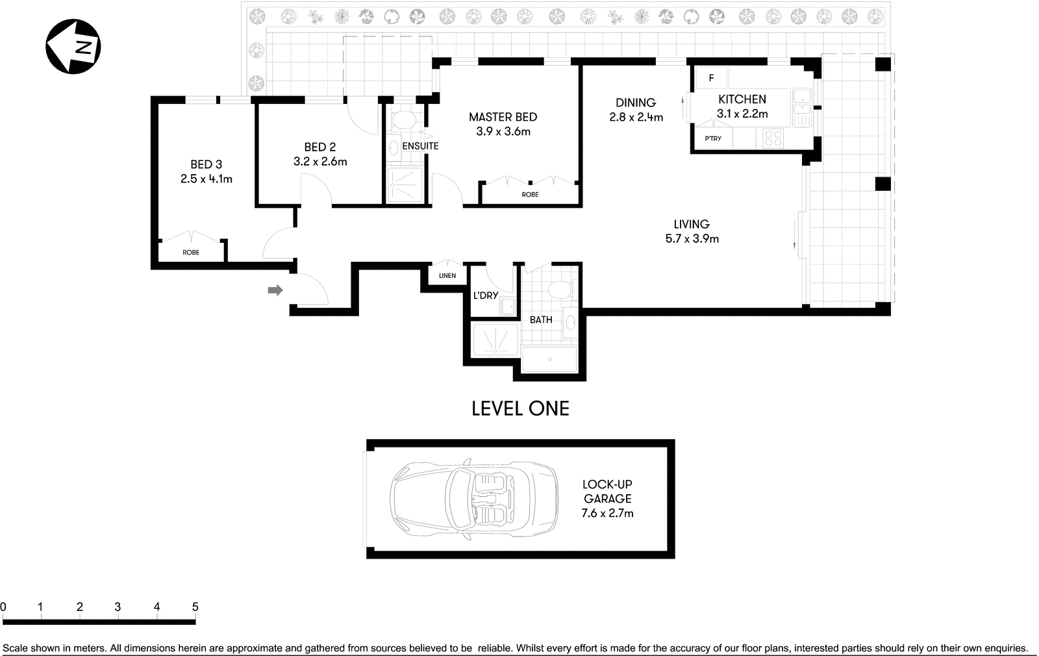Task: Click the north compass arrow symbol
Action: (x=73, y=46)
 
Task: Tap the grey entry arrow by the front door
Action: (x=275, y=290)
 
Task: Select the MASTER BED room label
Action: (x=503, y=117)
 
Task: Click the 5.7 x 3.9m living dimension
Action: (x=692, y=239)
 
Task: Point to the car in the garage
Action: (x=475, y=499)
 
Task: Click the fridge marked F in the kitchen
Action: (x=711, y=78)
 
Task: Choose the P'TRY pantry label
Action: (x=713, y=138)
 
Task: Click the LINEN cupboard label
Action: (x=447, y=275)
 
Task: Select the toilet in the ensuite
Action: (x=403, y=120)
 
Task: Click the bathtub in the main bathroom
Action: (x=549, y=359)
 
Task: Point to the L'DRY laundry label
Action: (x=486, y=296)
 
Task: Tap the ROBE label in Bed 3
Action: (x=191, y=253)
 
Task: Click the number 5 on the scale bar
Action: (x=195, y=607)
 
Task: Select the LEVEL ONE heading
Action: (x=520, y=409)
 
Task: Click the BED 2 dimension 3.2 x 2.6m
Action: (x=320, y=162)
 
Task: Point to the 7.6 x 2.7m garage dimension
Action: (x=607, y=513)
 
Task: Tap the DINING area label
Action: (x=636, y=103)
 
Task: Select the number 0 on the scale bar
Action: (x=3, y=607)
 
